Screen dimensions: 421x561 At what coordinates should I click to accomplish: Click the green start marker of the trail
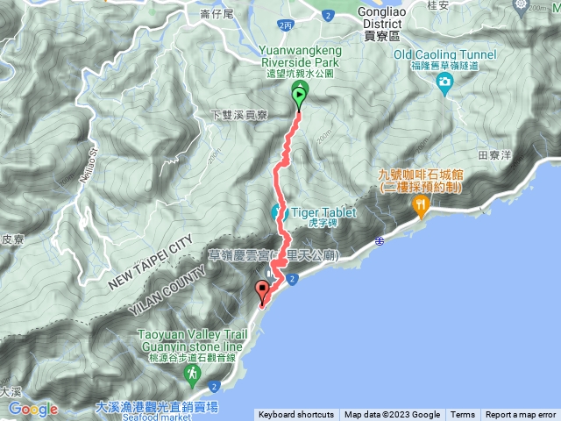[x=299, y=96]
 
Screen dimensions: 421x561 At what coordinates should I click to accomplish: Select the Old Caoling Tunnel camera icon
[x=444, y=82]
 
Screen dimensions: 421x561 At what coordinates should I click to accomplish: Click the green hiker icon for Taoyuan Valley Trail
[x=191, y=375]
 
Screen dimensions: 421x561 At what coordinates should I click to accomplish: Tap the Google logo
[x=32, y=409]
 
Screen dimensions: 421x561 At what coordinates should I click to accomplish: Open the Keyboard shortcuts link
[x=295, y=415]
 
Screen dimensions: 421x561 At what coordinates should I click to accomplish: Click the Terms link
[x=463, y=415]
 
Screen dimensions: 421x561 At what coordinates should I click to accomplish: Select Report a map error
[x=522, y=415]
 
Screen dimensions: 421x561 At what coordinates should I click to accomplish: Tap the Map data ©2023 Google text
[x=392, y=415]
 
